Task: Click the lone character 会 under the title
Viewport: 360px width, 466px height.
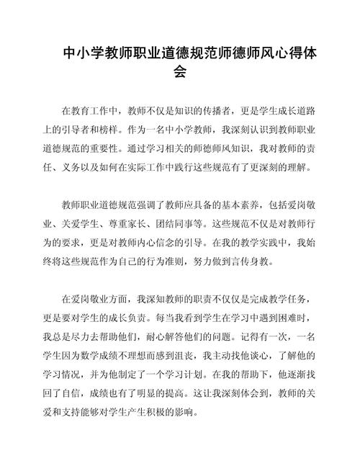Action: [x=180, y=72]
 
